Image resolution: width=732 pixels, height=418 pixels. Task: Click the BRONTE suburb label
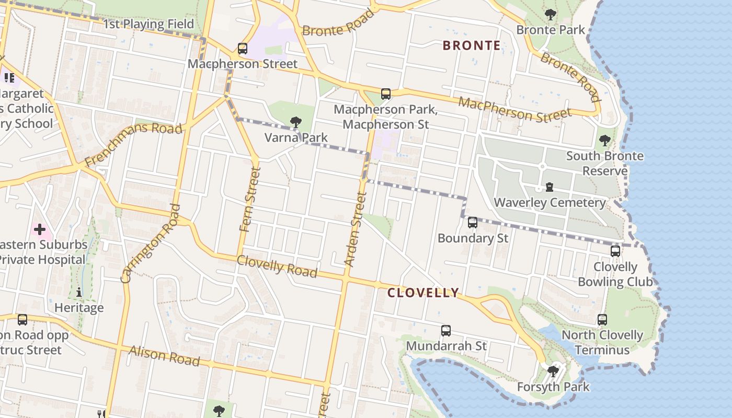point(472,45)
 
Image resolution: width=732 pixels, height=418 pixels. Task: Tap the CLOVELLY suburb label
point(423,293)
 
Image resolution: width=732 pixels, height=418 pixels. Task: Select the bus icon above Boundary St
point(473,223)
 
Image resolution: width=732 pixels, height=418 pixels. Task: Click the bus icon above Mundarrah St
point(445,330)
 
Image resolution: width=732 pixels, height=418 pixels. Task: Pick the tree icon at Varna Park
point(296,122)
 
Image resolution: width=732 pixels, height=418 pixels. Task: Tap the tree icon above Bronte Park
point(550,14)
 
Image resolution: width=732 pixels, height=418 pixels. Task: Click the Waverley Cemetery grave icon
point(550,187)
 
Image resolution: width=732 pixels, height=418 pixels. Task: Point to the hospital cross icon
point(40,229)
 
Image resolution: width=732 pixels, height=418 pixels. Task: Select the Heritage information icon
point(79,292)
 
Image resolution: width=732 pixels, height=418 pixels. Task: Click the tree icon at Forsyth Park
point(553,371)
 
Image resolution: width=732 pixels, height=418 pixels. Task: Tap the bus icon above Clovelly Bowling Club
point(615,251)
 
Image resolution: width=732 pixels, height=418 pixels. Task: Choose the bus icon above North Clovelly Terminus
point(602,320)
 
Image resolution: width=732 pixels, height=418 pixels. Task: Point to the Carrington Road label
point(151,243)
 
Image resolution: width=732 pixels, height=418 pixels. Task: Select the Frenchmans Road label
point(133,144)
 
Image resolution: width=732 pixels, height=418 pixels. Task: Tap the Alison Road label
point(165,356)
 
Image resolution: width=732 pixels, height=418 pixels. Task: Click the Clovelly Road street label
point(277,266)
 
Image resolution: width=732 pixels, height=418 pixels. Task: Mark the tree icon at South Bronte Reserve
point(605,140)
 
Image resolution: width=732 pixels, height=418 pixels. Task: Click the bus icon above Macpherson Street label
point(243,49)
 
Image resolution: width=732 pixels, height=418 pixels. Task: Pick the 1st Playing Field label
point(148,24)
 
